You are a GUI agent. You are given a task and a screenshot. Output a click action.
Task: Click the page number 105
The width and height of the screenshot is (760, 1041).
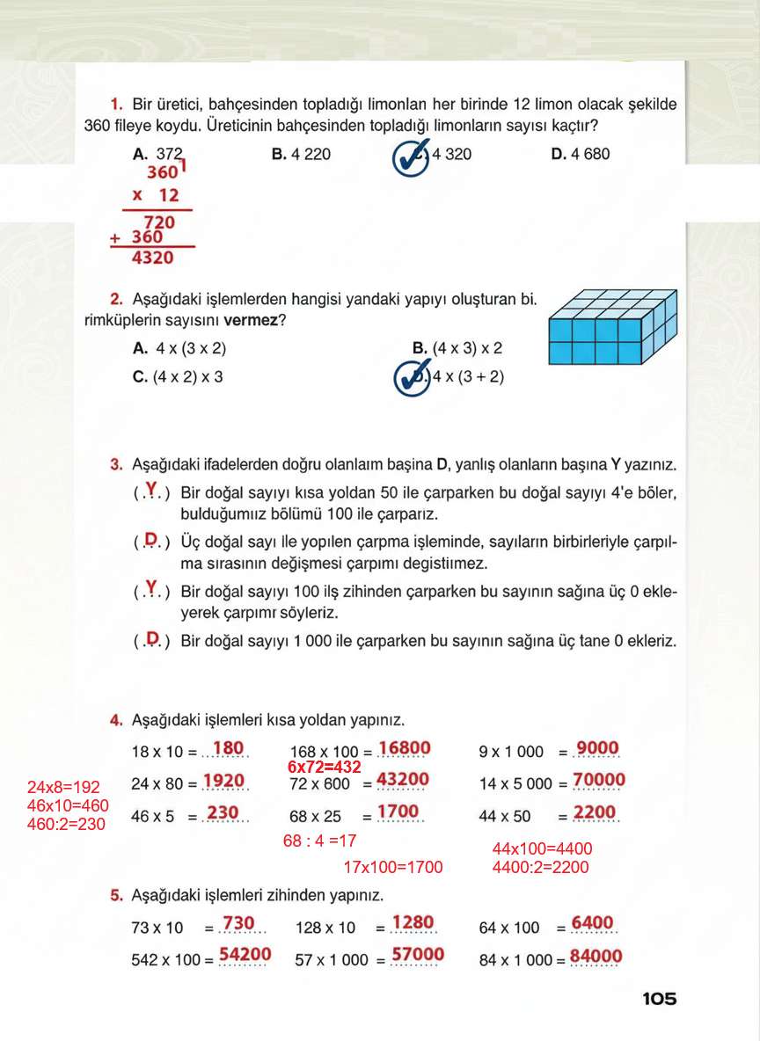pos(659,999)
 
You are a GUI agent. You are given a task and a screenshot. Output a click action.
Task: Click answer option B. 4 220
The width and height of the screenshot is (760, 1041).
pos(301,155)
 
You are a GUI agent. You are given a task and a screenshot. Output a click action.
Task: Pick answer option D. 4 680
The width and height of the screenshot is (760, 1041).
pos(580,155)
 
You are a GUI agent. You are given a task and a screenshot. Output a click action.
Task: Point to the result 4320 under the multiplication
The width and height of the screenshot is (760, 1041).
pos(152,258)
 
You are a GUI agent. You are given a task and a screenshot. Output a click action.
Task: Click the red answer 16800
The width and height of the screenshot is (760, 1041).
pos(405,749)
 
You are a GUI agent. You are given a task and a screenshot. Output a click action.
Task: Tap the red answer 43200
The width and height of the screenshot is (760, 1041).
pos(403,780)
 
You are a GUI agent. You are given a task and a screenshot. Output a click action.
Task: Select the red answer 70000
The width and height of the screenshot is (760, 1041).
pos(598,781)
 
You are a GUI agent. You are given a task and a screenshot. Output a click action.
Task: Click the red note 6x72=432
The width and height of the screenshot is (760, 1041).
pos(325,767)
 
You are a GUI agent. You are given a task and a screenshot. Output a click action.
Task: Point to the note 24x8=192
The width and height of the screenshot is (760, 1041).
pos(63,787)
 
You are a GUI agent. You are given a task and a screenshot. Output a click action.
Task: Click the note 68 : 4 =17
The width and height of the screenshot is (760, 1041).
pos(319,841)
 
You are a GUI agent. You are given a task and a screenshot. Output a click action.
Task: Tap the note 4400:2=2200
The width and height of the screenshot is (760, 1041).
pos(541,867)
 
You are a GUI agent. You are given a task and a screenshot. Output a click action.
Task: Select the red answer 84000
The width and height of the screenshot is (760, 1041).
pos(596,957)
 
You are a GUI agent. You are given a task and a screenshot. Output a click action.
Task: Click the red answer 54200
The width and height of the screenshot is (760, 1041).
pos(245,955)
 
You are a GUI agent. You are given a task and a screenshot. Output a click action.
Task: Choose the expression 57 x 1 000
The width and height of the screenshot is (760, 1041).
pos(332,960)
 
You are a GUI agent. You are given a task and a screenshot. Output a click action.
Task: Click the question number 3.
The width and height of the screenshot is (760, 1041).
pos(116,463)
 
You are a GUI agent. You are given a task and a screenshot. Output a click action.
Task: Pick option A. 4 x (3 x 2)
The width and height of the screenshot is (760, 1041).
pos(179,349)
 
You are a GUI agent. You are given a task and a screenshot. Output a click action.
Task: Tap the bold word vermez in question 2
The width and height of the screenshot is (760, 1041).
pos(251,321)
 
